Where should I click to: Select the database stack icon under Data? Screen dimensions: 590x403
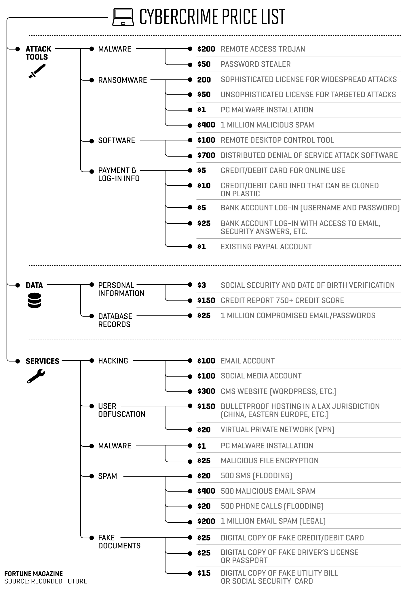pos(34,300)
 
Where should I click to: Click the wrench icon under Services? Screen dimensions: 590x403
pos(36,376)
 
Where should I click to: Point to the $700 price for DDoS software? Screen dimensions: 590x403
pos(206,155)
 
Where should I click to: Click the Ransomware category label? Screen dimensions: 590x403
pos(122,80)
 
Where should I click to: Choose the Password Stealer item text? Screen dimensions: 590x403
pos(256,64)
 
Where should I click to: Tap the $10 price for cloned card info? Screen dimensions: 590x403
pos(204,186)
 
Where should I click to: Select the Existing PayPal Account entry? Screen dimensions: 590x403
pos(266,247)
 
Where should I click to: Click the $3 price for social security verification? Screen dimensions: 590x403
pos(201,285)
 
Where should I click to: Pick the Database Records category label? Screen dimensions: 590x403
pos(115,320)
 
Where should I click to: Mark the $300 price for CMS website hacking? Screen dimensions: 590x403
pos(206,391)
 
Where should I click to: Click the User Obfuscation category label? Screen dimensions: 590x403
pos(121,410)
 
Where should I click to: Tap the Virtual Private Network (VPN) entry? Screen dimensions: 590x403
pos(277,430)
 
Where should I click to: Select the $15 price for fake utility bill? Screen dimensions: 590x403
pos(204,573)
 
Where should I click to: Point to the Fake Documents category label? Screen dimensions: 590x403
pos(119,542)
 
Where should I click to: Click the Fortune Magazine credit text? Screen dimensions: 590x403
pos(34,574)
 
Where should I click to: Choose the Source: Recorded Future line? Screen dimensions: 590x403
pos(46,581)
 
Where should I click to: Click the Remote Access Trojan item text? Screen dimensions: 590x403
pos(263,49)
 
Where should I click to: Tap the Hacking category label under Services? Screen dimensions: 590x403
pos(113,361)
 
